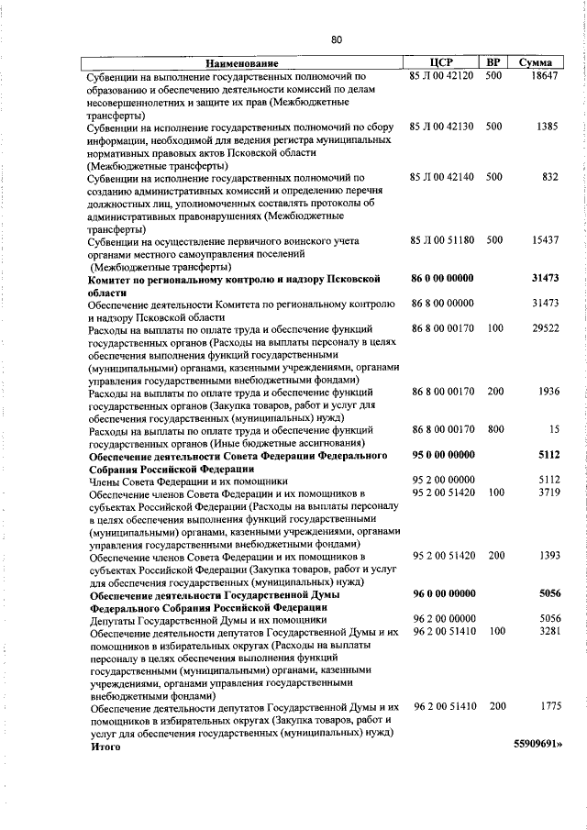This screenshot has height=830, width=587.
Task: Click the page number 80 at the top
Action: tap(337, 39)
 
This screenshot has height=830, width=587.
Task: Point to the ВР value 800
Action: tap(494, 429)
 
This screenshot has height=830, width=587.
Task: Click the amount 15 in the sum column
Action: tap(553, 429)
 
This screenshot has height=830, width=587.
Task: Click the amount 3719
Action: tap(547, 492)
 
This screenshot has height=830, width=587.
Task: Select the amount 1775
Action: tap(547, 708)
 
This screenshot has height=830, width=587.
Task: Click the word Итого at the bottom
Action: tap(105, 747)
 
